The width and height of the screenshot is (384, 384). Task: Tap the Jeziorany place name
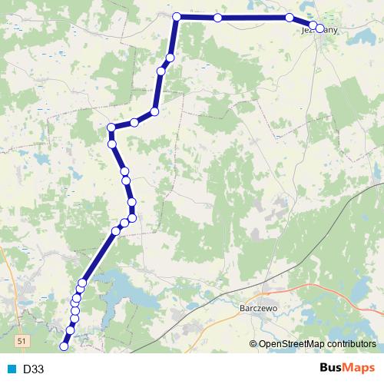coord(319,30)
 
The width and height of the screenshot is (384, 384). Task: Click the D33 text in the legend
coord(33,369)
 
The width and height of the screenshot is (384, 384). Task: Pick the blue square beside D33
coord(12,369)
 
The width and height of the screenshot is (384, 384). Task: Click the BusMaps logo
coord(347,369)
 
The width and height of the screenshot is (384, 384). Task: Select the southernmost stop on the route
coord(64,347)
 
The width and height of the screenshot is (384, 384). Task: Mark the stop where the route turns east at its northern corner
coord(177,16)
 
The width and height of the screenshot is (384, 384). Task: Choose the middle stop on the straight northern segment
coord(218,17)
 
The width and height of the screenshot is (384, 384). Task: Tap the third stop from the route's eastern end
coord(290,18)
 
